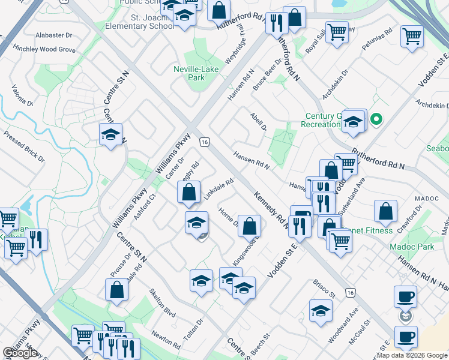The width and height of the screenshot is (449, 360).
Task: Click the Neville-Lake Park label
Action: tap(196, 73)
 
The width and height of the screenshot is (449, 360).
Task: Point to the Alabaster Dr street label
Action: tap(53, 35)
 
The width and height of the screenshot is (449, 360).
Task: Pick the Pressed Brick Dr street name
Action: tap(23, 146)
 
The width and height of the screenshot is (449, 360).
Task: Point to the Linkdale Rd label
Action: tap(218, 190)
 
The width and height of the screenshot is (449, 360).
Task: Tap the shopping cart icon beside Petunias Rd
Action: tap(412, 37)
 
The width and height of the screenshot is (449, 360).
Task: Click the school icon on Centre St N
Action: tap(110, 135)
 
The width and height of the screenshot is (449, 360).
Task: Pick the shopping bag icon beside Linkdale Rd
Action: tap(189, 193)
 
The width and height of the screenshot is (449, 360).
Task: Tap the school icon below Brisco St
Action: tap(321, 311)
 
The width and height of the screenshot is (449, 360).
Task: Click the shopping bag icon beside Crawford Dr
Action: tap(385, 211)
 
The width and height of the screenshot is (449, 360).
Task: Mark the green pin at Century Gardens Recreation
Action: tap(376, 119)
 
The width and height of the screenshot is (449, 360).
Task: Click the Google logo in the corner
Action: tap(20, 353)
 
